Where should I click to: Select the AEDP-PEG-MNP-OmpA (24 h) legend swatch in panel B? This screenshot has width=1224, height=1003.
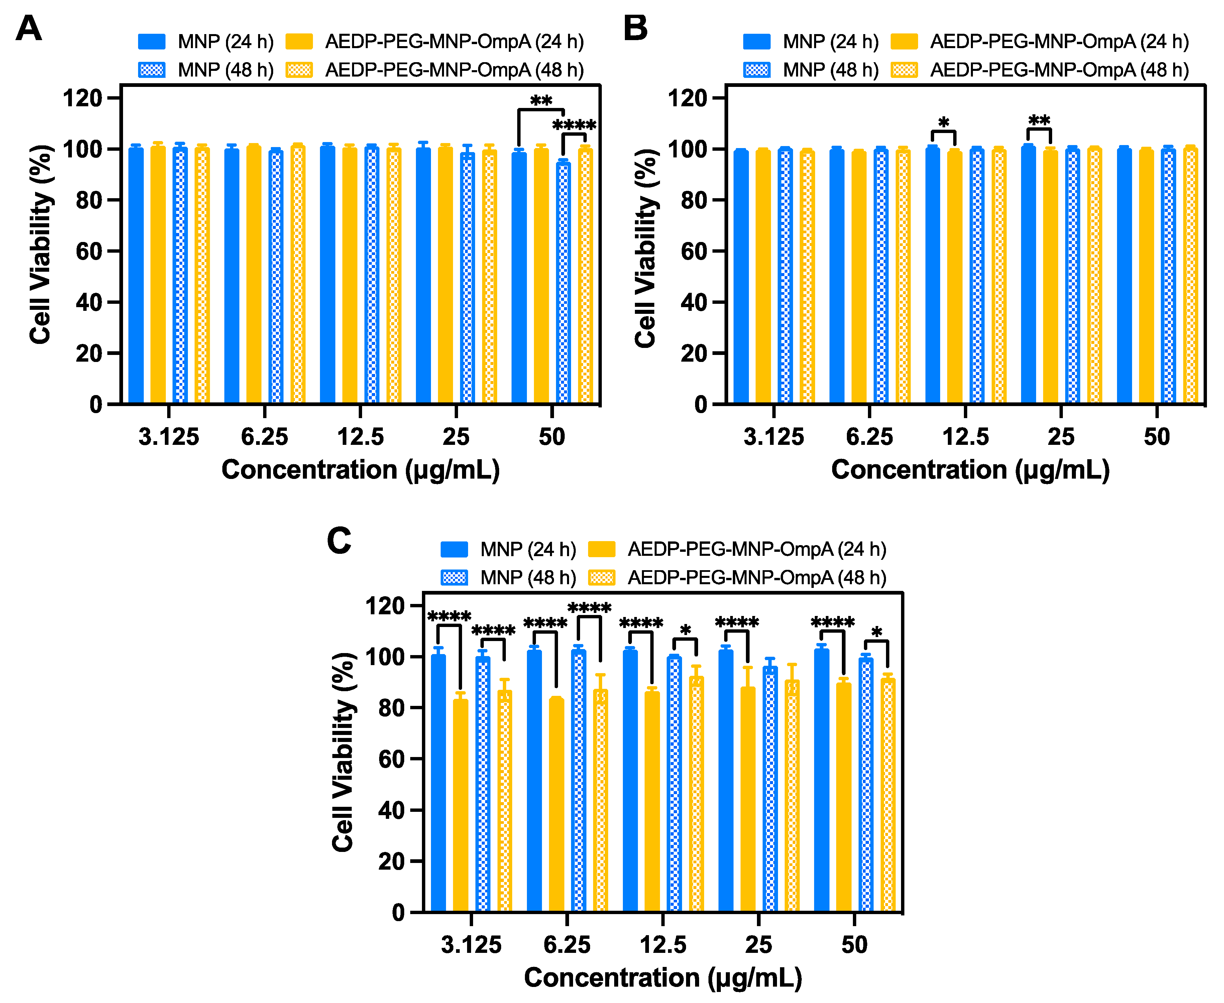tap(904, 41)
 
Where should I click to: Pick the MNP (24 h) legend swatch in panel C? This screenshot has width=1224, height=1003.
tap(454, 549)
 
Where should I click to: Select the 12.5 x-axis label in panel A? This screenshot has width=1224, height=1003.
tap(360, 437)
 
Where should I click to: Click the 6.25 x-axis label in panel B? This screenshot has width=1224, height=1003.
tap(869, 437)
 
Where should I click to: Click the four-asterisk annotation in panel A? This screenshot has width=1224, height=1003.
tap(574, 125)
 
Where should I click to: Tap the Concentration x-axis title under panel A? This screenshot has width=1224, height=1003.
tap(360, 469)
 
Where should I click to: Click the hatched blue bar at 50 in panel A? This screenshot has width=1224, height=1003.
tap(563, 283)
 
